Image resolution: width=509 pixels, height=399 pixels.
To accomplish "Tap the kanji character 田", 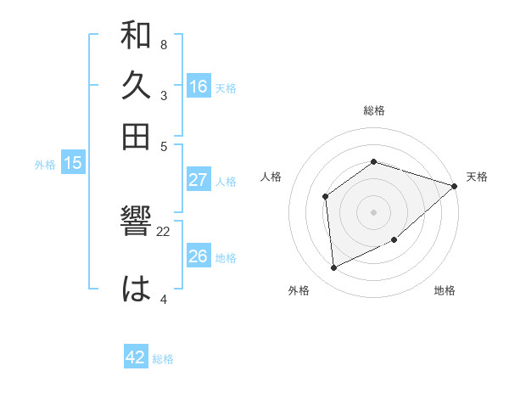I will [x=136, y=136].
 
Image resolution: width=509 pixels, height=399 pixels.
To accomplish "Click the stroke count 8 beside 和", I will [x=163, y=44].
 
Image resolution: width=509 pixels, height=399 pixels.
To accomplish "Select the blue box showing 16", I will [x=199, y=87].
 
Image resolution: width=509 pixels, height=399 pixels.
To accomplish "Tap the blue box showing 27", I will [x=199, y=180].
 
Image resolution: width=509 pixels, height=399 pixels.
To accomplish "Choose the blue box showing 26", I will [x=199, y=256].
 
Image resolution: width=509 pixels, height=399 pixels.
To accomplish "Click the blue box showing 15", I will [x=73, y=164].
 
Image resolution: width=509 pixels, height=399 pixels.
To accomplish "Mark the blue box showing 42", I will [x=136, y=357].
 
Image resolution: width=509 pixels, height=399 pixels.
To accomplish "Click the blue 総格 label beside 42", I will [x=163, y=359].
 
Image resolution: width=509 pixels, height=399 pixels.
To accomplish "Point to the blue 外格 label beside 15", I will [x=45, y=165].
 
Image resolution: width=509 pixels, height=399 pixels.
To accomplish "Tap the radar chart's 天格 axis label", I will [x=477, y=177].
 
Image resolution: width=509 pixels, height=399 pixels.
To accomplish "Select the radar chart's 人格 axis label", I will [x=271, y=177].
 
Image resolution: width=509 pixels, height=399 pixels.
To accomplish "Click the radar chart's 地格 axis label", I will [x=445, y=290].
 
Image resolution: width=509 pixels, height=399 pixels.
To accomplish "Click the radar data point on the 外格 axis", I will [x=334, y=267].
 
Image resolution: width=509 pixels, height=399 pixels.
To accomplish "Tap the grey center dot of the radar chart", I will [x=373, y=211].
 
